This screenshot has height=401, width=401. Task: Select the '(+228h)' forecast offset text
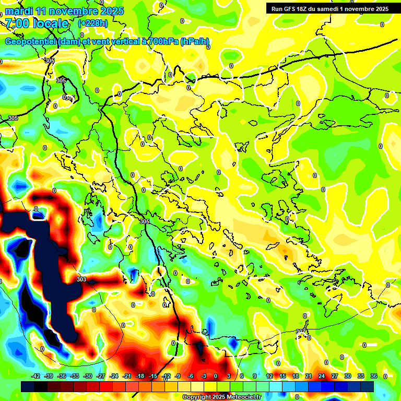pos(93,23)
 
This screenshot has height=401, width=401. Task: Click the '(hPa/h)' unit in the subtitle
pos(195,42)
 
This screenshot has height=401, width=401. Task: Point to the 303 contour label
pos(81,280)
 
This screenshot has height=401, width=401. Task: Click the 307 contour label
pos(301,332)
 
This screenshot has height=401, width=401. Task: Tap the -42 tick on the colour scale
pos(36,376)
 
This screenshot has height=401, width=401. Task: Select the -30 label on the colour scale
pos(88,376)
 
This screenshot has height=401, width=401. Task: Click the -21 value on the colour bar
pos(127,376)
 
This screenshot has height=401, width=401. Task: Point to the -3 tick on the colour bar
pos(204,376)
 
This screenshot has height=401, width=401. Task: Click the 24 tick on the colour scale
pos(321,376)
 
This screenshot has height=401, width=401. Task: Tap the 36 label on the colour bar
pos(373,376)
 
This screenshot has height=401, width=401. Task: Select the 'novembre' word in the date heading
pos(73,11)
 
